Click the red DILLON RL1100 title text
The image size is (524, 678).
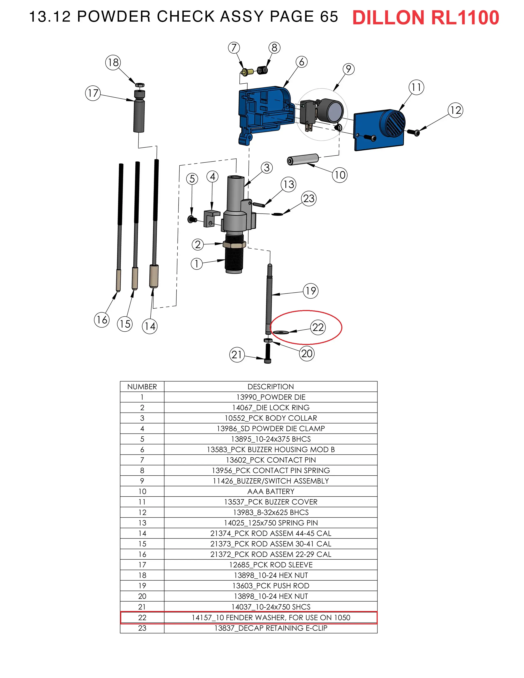(425, 18)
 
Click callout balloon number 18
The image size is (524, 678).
(113, 62)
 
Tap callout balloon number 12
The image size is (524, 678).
(455, 110)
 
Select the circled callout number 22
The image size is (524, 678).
(318, 327)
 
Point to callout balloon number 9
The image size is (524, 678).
(349, 69)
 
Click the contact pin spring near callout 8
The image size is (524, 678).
(262, 71)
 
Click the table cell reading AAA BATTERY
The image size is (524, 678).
(270, 491)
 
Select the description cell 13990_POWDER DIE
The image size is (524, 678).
(270, 397)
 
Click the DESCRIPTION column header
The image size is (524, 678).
(270, 386)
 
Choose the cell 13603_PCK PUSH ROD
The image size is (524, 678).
(270, 586)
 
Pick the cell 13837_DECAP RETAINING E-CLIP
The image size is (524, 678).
(270, 628)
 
